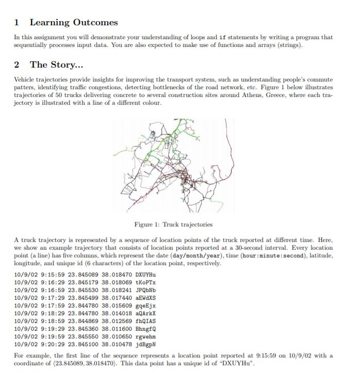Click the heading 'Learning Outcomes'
point(74,22)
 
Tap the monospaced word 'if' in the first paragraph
point(223,37)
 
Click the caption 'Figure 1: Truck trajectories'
point(173,224)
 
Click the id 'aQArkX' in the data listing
point(145,313)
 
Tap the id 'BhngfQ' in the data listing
point(145,328)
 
